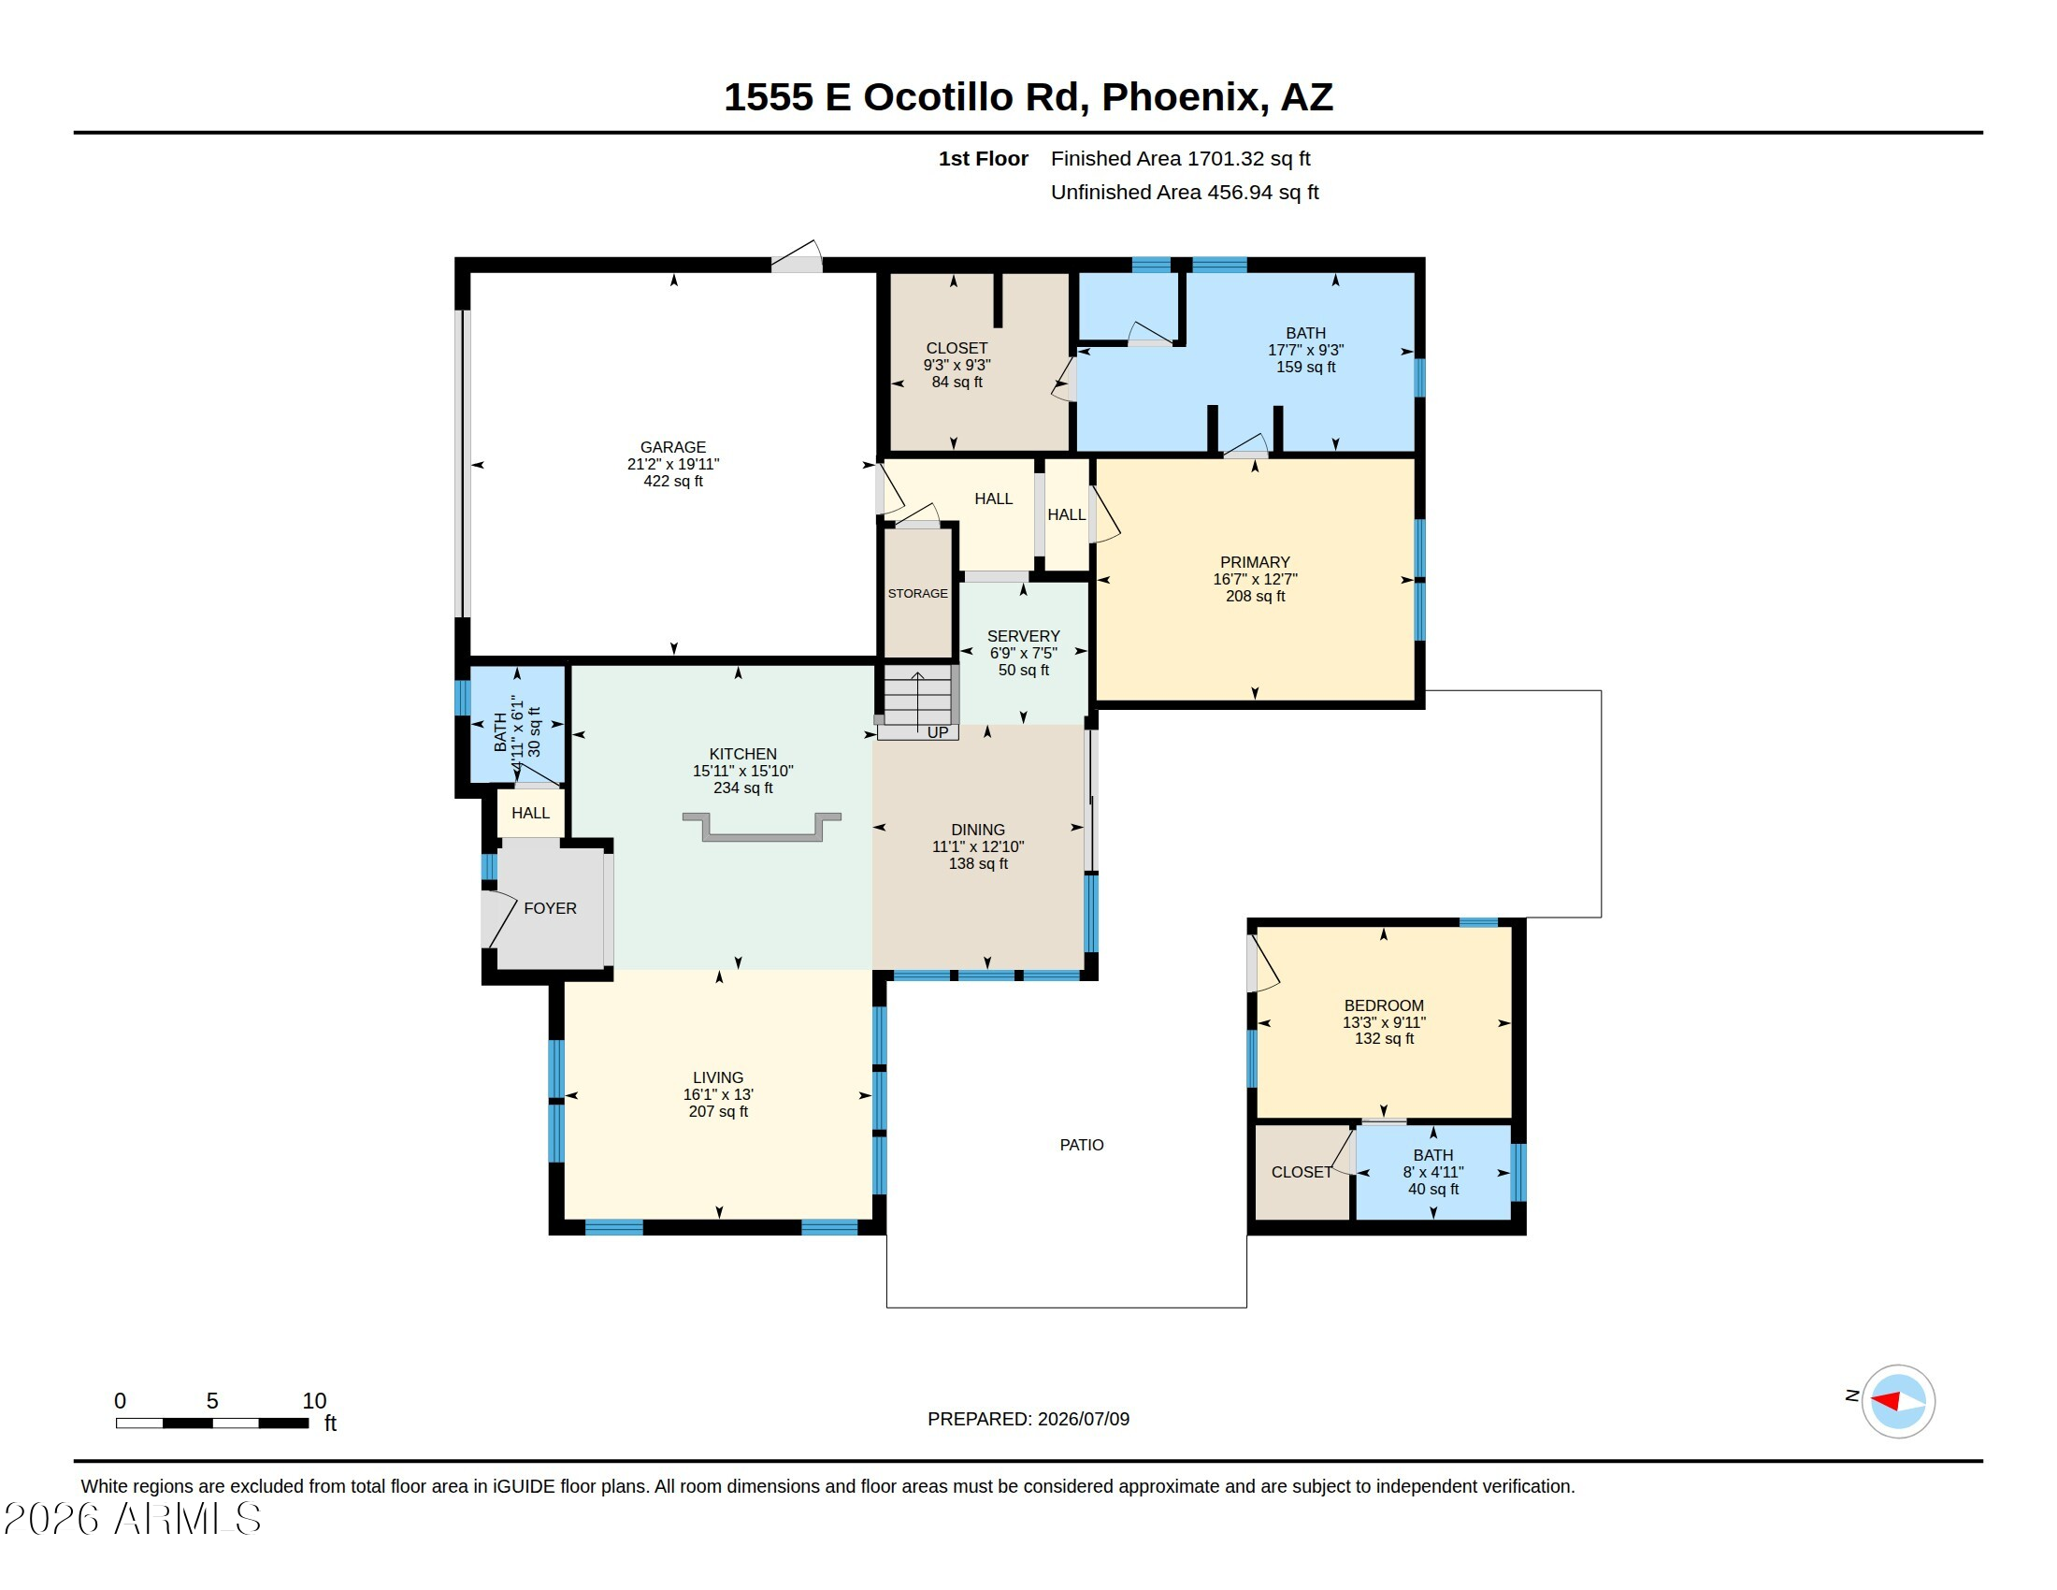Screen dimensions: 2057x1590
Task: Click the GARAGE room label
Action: point(672,447)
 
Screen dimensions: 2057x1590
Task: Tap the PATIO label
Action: point(1081,1145)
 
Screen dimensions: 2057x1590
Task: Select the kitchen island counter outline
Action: point(761,826)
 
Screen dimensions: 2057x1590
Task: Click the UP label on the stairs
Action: point(938,732)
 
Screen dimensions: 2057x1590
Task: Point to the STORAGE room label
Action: point(917,593)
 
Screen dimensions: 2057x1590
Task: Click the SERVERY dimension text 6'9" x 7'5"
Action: point(1023,653)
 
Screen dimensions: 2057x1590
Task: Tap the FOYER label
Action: point(550,908)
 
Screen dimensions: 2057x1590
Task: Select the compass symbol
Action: point(1898,1401)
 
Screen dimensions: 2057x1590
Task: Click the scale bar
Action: point(212,1423)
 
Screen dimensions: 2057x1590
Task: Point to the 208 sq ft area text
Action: point(1255,595)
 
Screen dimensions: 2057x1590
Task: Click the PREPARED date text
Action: point(1028,1419)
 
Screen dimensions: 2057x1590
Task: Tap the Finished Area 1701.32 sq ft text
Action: point(1180,158)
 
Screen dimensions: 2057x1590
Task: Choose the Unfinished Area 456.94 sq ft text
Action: point(1185,192)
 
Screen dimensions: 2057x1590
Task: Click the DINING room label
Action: point(978,830)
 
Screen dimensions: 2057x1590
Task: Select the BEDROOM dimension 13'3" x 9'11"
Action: point(1384,1022)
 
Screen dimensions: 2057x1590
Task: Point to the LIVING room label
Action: point(718,1077)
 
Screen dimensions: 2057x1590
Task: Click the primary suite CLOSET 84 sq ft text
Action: point(957,382)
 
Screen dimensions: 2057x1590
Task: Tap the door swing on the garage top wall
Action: point(797,255)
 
